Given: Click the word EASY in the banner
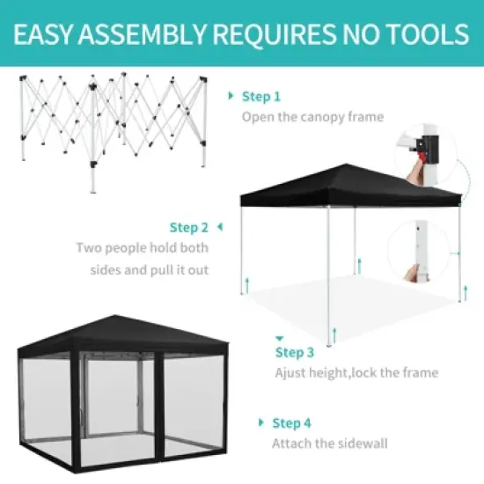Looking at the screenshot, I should (47, 34).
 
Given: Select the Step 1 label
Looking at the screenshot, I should (261, 96).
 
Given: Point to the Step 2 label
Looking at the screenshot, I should (189, 228).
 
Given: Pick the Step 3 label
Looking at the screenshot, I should (294, 352).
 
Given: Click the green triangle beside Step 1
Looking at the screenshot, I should (232, 96).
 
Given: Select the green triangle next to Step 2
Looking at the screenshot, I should (218, 228).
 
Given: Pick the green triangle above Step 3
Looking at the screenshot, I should (279, 337).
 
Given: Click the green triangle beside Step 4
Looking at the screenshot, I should (260, 422).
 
